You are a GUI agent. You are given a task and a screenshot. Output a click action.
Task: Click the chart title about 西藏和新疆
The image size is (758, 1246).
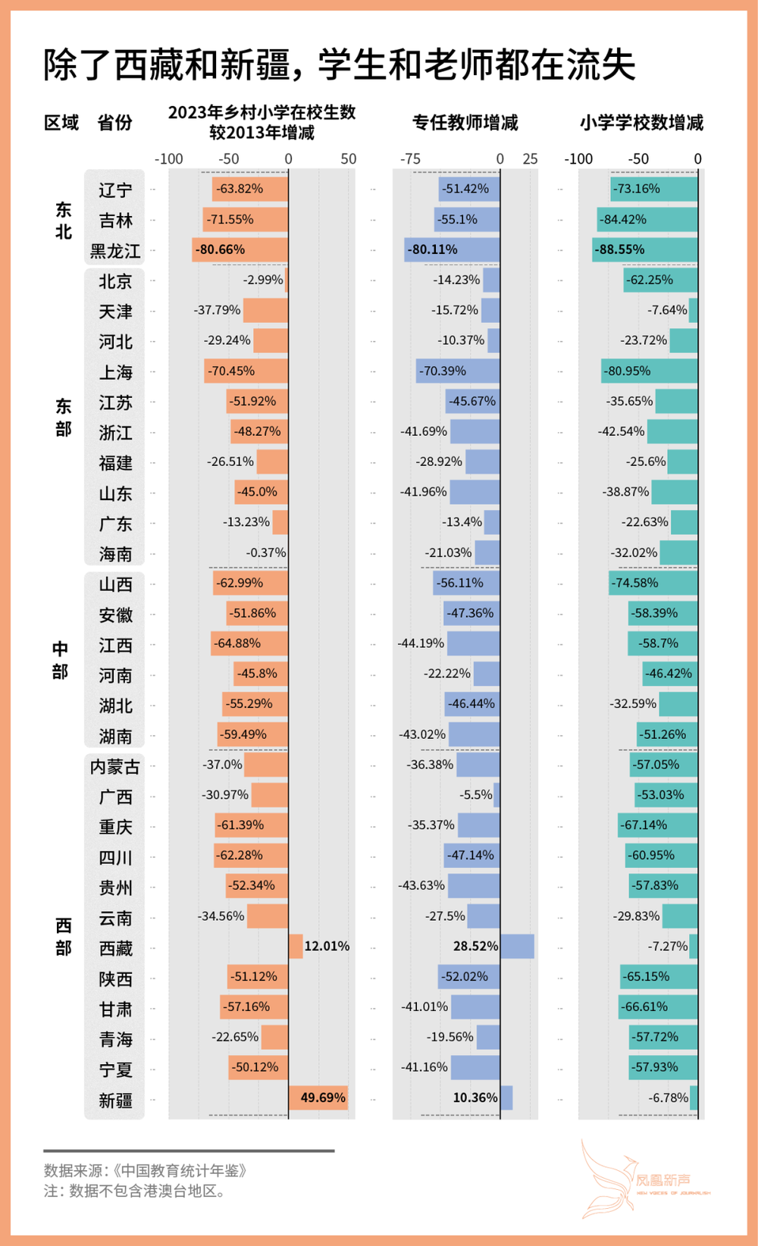(x=339, y=64)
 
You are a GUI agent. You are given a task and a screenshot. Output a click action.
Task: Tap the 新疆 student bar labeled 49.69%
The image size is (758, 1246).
(x=318, y=1097)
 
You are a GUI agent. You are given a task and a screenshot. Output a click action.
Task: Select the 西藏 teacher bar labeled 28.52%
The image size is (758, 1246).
(x=517, y=946)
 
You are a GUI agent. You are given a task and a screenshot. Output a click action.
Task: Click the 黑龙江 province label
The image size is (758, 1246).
(x=115, y=251)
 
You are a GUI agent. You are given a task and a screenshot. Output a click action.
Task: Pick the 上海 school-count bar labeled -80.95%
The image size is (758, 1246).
(x=649, y=371)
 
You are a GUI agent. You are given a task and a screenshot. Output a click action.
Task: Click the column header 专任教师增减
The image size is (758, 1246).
(x=465, y=123)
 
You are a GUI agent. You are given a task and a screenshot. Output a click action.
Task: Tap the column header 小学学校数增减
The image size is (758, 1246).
(x=641, y=123)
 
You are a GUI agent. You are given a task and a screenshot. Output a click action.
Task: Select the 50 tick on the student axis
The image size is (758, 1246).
(x=348, y=159)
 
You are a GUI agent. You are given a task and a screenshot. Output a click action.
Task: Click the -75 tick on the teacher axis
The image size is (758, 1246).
(x=410, y=159)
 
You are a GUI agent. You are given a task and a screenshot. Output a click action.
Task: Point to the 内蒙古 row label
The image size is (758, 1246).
(x=115, y=767)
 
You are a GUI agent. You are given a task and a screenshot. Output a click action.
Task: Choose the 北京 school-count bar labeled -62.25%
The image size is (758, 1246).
(x=660, y=280)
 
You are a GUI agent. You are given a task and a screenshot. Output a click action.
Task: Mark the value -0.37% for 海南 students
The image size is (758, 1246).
(x=266, y=553)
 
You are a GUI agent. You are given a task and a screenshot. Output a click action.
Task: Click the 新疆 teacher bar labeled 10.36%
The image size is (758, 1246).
(x=506, y=1097)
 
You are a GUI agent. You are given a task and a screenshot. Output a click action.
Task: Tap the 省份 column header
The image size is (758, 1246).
(x=115, y=123)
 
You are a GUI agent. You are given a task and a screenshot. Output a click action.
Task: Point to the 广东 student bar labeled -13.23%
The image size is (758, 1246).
(x=280, y=522)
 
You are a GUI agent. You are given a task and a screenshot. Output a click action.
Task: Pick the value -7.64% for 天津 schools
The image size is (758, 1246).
(x=667, y=310)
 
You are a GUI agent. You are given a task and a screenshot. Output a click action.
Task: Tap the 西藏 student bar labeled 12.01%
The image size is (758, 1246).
(x=296, y=946)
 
